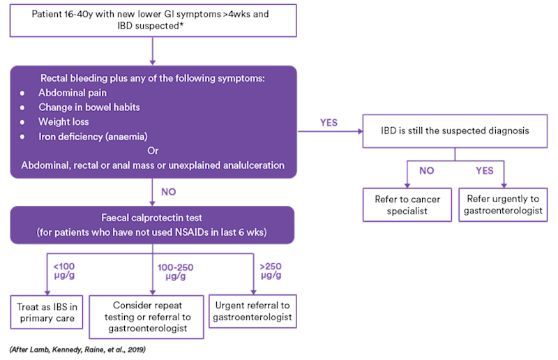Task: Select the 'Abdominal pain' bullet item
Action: [x=72, y=92]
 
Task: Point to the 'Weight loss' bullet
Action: [x=63, y=121]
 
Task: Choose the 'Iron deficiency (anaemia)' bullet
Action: [x=93, y=136]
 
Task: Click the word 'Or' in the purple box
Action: [x=153, y=151]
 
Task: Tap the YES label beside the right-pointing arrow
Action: [x=329, y=122]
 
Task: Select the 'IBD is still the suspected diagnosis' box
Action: [x=455, y=130]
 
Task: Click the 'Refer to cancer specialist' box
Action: [x=407, y=205]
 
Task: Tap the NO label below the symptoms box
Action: [x=169, y=191]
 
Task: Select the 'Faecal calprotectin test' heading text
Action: [x=153, y=218]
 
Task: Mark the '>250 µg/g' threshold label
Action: [x=269, y=271]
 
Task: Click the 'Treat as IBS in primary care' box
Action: [x=47, y=312]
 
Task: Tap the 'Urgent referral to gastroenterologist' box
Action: [x=252, y=312]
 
